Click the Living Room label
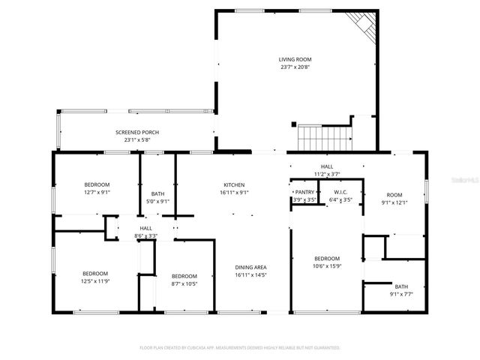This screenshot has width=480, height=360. (x=295, y=59)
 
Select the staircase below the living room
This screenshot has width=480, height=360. (x=325, y=137)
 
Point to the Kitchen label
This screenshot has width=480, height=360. (x=234, y=185)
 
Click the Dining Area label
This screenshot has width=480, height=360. (x=250, y=268)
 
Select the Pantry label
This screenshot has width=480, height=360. (x=305, y=193)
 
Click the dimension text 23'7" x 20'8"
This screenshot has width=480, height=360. (x=295, y=67)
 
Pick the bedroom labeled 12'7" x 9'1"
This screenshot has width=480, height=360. (x=97, y=188)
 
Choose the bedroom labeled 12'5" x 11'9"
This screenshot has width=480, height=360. (x=95, y=277)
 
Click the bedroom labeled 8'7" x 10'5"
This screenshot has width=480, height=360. (x=184, y=279)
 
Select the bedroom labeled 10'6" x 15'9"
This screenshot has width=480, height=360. (x=327, y=262)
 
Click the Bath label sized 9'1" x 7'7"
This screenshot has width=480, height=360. (x=401, y=289)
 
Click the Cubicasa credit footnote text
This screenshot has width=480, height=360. (x=240, y=348)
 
